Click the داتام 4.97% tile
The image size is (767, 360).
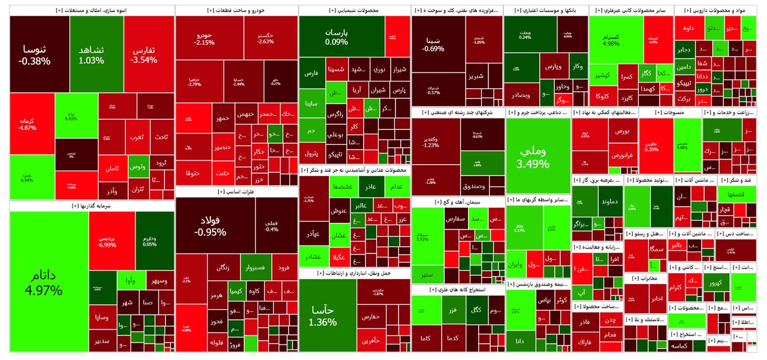[x=48, y=282]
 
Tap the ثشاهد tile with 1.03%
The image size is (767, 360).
[x=92, y=54]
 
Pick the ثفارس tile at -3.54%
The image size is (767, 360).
[x=144, y=54]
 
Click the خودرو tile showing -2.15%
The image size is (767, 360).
[x=204, y=39]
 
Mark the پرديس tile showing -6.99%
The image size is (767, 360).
[x=111, y=241]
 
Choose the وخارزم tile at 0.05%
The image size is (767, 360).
[x=150, y=241]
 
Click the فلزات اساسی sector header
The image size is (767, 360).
[x=237, y=192]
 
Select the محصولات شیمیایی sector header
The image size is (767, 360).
[x=354, y=10]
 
